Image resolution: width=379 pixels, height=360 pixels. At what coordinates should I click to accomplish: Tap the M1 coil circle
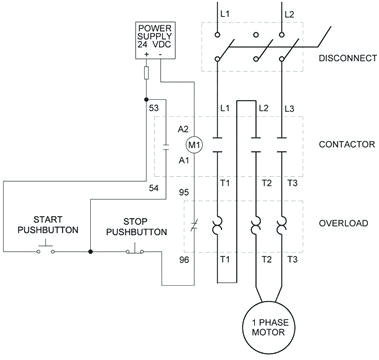click(196, 144)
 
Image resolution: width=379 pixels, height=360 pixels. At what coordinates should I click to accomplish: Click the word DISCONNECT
click(346, 58)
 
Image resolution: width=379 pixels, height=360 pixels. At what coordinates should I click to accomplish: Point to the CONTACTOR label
click(346, 144)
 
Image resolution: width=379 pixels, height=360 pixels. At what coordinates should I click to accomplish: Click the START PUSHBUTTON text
click(41, 225)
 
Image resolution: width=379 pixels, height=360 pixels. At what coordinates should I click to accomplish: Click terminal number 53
click(153, 106)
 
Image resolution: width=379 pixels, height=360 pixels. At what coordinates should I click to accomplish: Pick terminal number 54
click(153, 187)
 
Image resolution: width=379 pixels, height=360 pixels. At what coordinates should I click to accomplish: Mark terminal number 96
click(182, 260)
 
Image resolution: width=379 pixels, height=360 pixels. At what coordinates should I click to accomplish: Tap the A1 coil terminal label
click(183, 159)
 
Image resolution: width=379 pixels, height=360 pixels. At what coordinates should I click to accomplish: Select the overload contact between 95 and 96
click(195, 224)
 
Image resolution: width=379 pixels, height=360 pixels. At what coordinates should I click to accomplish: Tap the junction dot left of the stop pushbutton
click(91, 252)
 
